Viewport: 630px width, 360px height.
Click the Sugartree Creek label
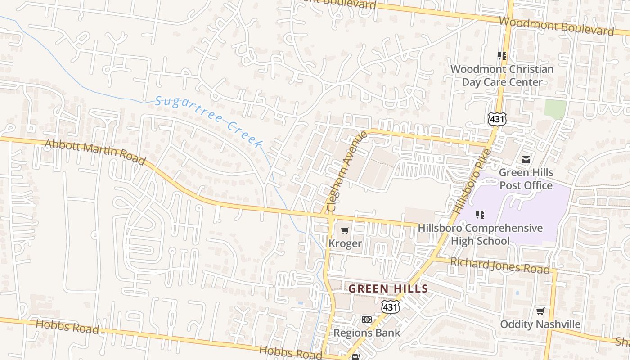pyautogui.click(x=209, y=121)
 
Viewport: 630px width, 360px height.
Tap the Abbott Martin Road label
pyautogui.click(x=95, y=152)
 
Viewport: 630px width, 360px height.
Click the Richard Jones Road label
pyautogui.click(x=499, y=265)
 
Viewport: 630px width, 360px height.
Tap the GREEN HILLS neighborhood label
pyautogui.click(x=388, y=288)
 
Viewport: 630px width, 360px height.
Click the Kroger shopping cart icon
pyautogui.click(x=345, y=231)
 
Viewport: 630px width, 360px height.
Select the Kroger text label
pyautogui.click(x=345, y=243)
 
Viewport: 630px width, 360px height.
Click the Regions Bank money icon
pyautogui.click(x=367, y=319)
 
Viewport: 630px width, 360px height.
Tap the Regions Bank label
pyautogui.click(x=367, y=333)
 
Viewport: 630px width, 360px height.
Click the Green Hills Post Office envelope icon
pyautogui.click(x=526, y=159)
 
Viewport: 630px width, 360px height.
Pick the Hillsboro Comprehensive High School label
pyautogui.click(x=480, y=234)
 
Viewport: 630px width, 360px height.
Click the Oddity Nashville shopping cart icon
pyautogui.click(x=540, y=311)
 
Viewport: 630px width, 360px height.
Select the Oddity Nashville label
pyautogui.click(x=540, y=324)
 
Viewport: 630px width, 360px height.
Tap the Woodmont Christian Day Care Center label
pyautogui.click(x=502, y=76)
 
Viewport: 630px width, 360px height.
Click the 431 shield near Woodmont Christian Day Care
pyautogui.click(x=497, y=119)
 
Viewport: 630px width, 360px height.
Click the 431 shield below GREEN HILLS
pyautogui.click(x=389, y=307)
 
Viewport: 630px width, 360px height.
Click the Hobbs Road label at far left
pyautogui.click(x=67, y=326)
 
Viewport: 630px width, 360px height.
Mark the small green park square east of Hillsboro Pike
pyautogui.click(x=555, y=109)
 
